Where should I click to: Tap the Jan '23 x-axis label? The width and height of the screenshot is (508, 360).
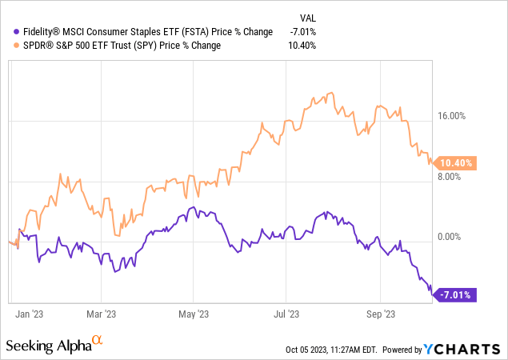(x=30, y=314)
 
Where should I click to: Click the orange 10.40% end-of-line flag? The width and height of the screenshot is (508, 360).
(x=456, y=162)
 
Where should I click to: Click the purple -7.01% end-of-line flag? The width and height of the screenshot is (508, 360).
(x=456, y=295)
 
